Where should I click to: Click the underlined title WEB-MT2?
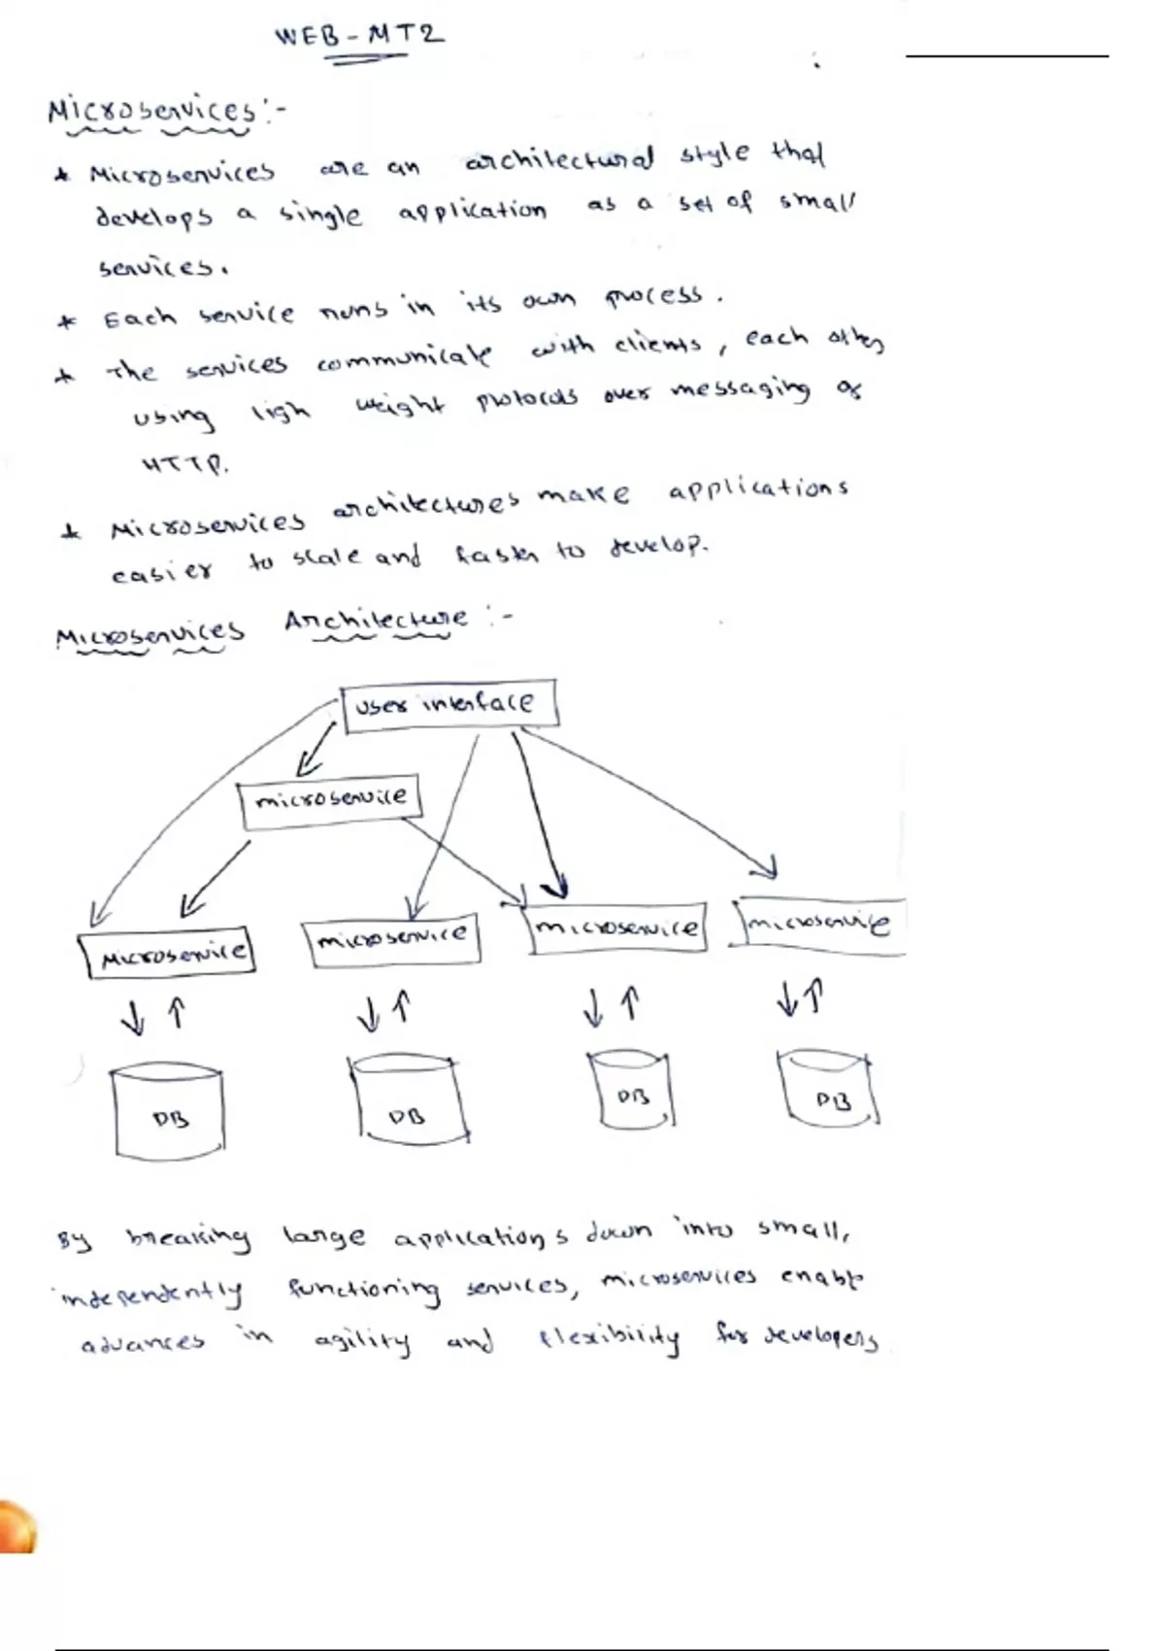coord(359,37)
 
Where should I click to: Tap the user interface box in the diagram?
coord(449,704)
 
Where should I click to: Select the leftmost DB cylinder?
coord(169,1112)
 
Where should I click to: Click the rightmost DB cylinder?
coord(829,1090)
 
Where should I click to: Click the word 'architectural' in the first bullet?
coord(559,159)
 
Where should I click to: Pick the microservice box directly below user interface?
coord(330,800)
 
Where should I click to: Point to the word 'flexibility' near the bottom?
coord(610,1339)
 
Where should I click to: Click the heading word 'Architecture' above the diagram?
coord(376,620)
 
